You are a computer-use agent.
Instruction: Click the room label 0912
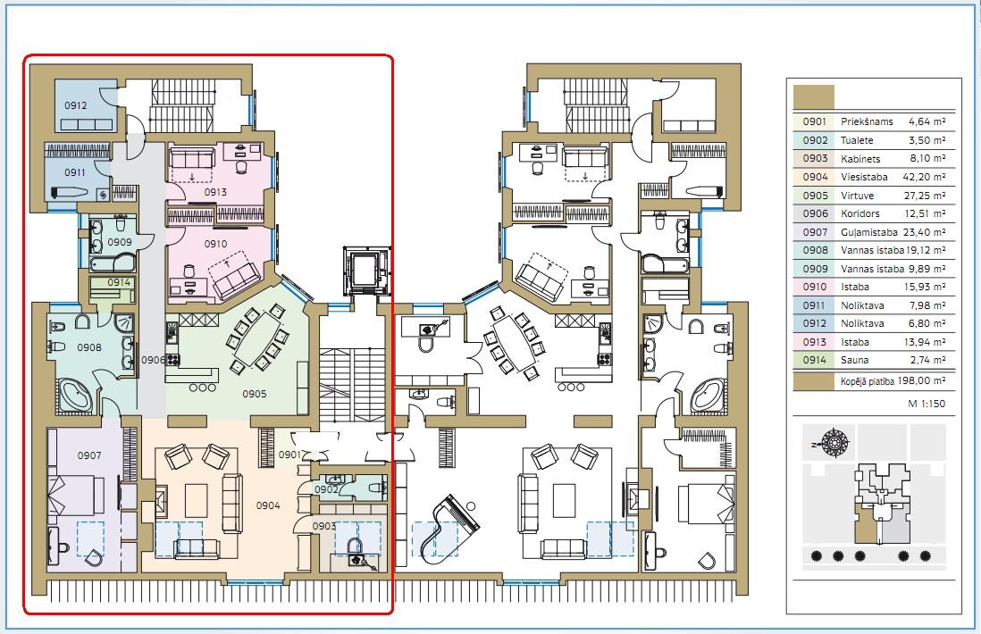point(76,105)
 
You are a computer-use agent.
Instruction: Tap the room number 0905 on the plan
point(255,394)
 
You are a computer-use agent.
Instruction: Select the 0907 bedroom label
point(89,455)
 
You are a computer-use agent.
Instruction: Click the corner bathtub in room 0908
point(77,396)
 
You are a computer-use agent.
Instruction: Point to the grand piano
point(449,525)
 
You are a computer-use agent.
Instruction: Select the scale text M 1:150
point(926,404)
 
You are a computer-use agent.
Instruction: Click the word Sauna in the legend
point(855,360)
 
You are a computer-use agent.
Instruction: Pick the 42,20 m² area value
point(924,177)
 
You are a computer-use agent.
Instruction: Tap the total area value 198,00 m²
point(921,380)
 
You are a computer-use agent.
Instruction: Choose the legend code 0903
point(815,159)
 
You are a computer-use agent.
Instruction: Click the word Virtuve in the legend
point(857,196)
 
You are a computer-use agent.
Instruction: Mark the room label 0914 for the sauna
point(119,282)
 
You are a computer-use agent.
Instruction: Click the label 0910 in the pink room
point(216,244)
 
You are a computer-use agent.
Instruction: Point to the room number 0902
point(326,489)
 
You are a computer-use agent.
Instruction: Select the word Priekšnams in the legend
point(867,122)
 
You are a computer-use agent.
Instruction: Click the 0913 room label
point(216,192)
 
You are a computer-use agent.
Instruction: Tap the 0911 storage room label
point(75,172)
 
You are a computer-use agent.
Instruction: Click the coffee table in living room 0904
point(196,500)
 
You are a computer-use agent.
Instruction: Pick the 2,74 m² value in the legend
point(928,360)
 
